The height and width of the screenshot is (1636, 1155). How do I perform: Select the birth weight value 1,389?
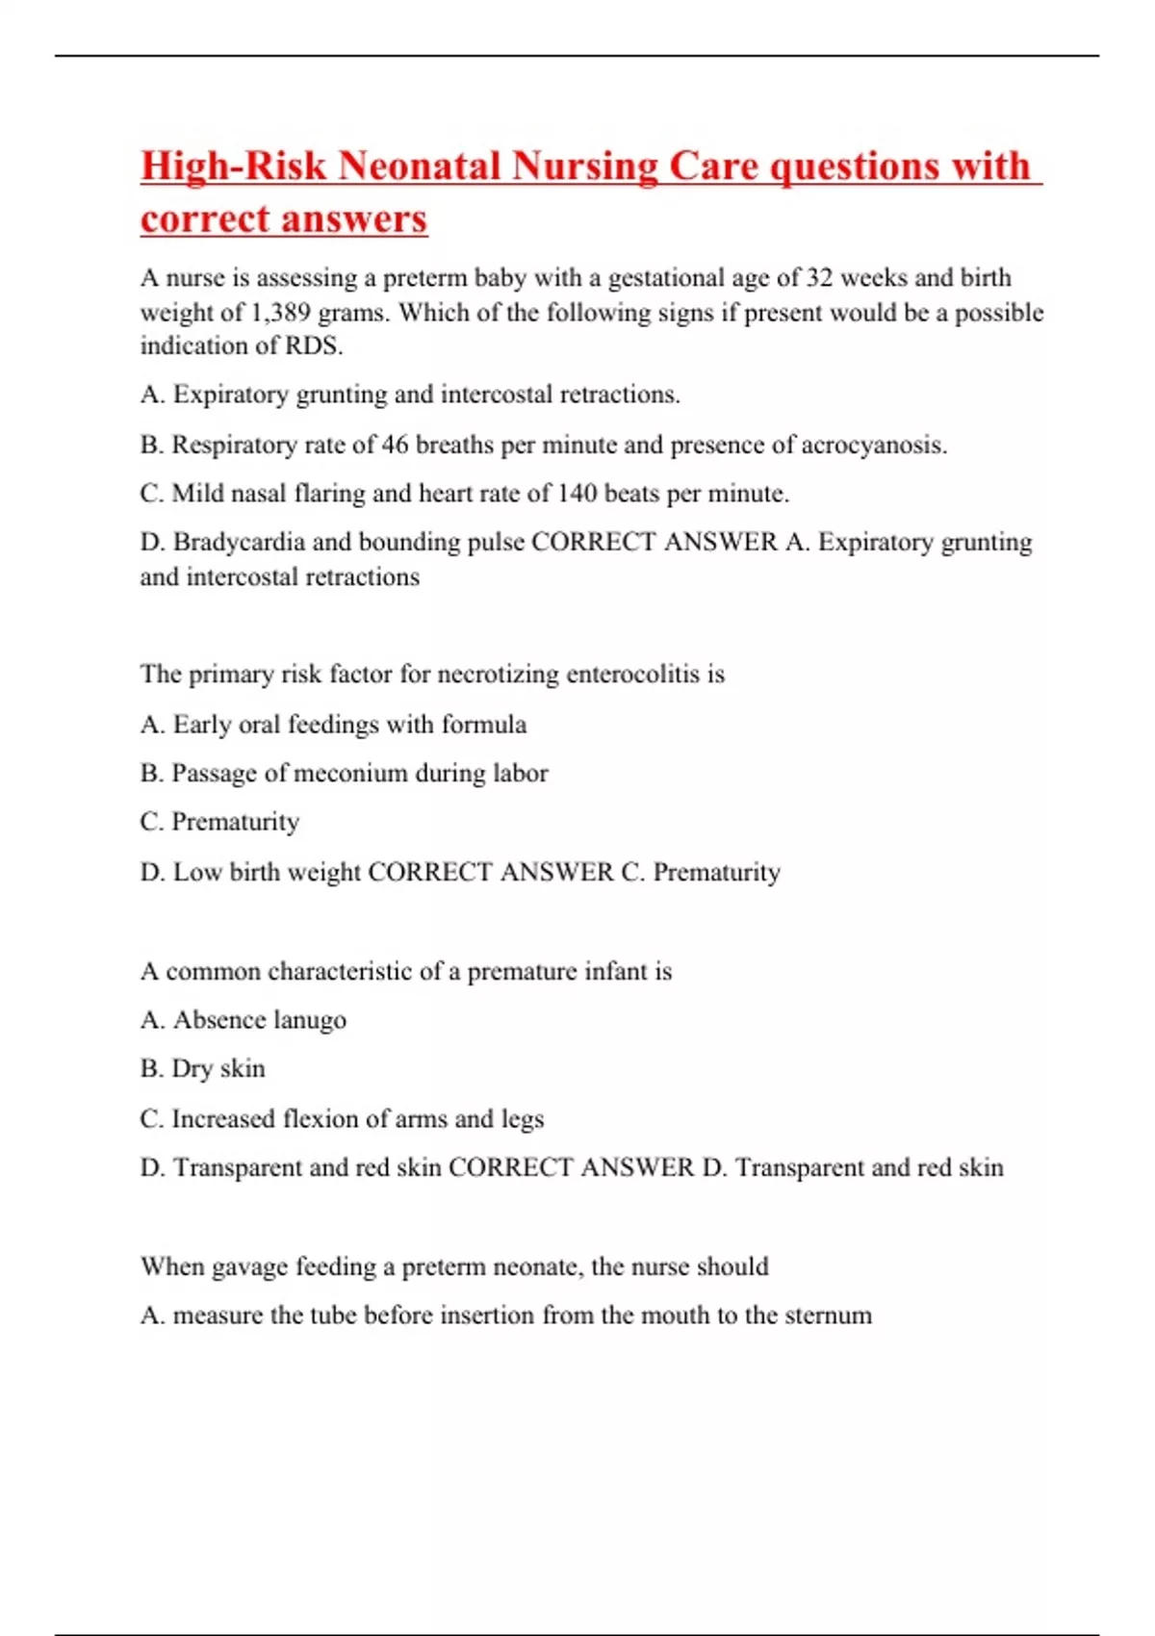coord(280,313)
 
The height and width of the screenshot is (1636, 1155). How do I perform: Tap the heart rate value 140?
coord(577,494)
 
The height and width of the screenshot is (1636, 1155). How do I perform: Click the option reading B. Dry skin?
coord(203,1069)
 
